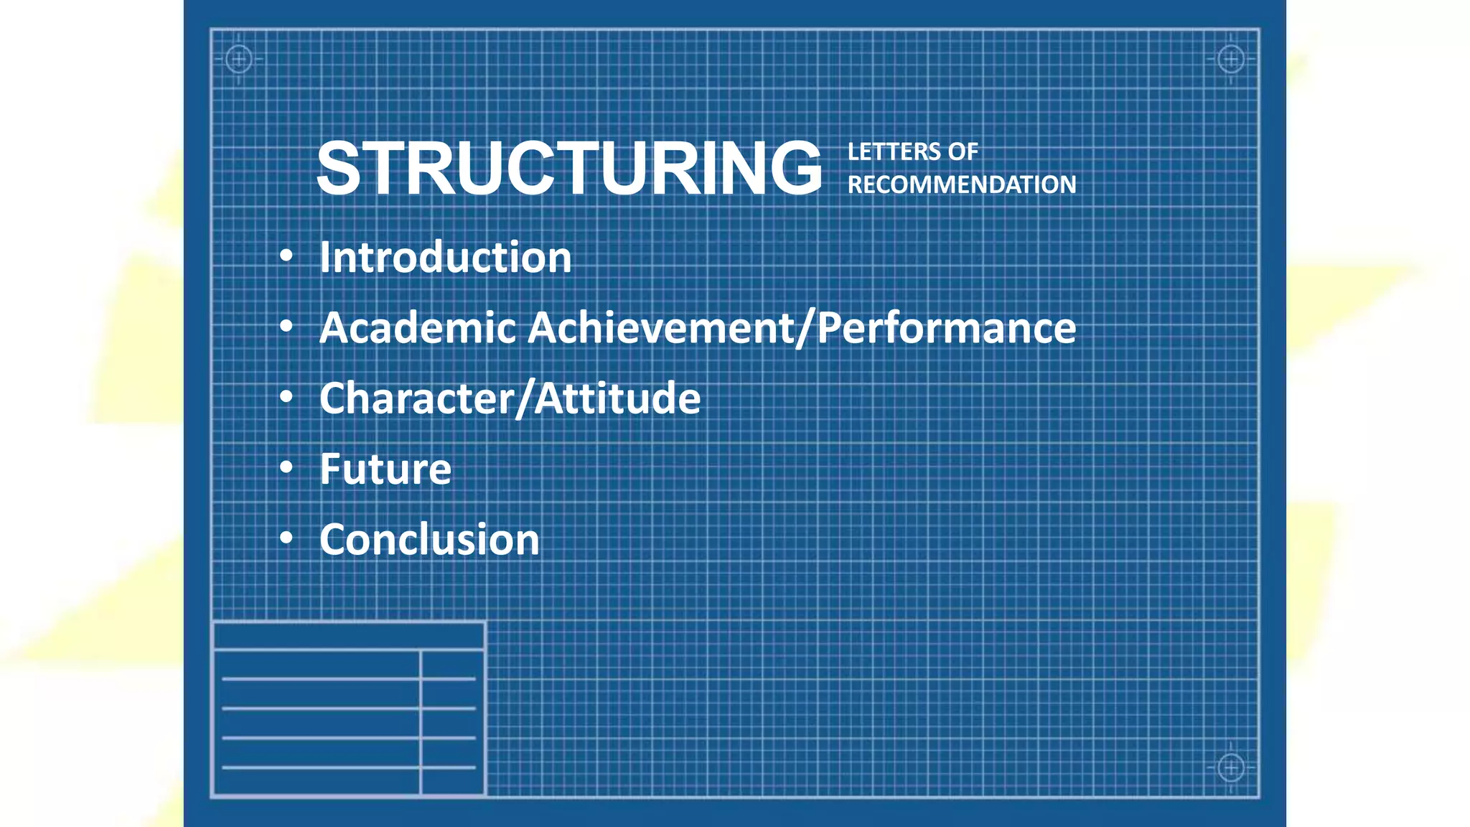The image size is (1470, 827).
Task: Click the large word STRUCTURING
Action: coord(569,168)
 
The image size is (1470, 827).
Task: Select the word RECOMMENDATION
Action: coord(962,184)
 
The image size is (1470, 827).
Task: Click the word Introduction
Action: coord(445,257)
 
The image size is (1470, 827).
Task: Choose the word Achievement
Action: coord(661,327)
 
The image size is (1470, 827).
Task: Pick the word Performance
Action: coord(947,327)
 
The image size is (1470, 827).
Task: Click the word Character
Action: coord(416,398)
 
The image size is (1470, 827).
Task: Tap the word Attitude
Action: coord(618,398)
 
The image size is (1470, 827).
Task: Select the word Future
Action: coord(385,469)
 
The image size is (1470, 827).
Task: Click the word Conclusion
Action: coord(429,539)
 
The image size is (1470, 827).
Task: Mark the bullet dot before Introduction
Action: coord(286,256)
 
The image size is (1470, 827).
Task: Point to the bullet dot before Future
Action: coord(286,468)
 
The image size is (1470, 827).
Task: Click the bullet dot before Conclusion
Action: coord(286,538)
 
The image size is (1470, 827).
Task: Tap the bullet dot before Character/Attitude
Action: coord(286,397)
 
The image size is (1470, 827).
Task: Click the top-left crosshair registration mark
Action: coord(239,59)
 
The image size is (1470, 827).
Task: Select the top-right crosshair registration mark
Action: coord(1231,59)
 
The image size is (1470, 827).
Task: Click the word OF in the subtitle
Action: coord(963,151)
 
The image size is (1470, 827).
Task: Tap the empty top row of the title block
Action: coord(349,636)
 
